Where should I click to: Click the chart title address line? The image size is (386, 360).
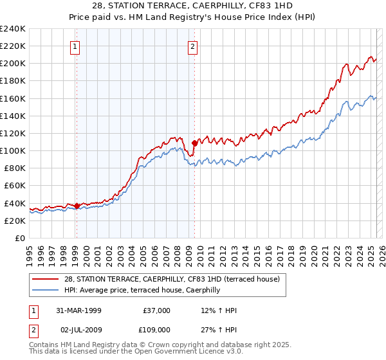[x=193, y=6]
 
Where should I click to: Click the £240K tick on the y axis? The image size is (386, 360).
[x=13, y=29]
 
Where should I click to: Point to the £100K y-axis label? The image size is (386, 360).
[x=13, y=150]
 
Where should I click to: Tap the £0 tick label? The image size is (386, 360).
[x=19, y=238]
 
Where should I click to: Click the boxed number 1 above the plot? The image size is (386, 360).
[x=76, y=46]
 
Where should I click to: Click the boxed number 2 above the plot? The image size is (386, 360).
[x=193, y=46]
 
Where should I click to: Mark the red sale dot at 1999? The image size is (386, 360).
[x=77, y=206]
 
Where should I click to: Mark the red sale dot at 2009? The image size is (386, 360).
[x=194, y=143]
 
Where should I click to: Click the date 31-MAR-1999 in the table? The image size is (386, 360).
[x=78, y=310]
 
